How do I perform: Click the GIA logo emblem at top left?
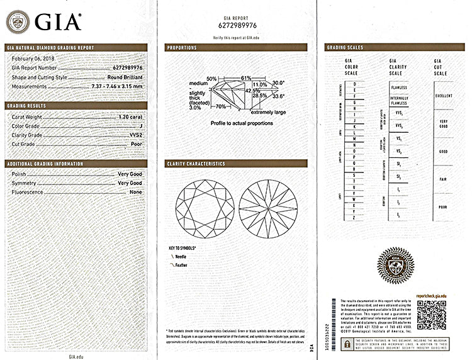pos(18,22)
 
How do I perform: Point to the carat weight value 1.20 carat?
pos(130,117)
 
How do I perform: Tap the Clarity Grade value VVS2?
pos(135,135)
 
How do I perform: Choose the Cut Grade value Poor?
pos(136,143)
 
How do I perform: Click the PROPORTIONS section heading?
pos(182,47)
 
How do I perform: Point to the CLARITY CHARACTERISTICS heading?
pos(196,164)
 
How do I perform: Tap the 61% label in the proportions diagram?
pos(228,77)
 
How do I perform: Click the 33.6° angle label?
pos(278,96)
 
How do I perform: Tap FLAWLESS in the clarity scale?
pos(398,87)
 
